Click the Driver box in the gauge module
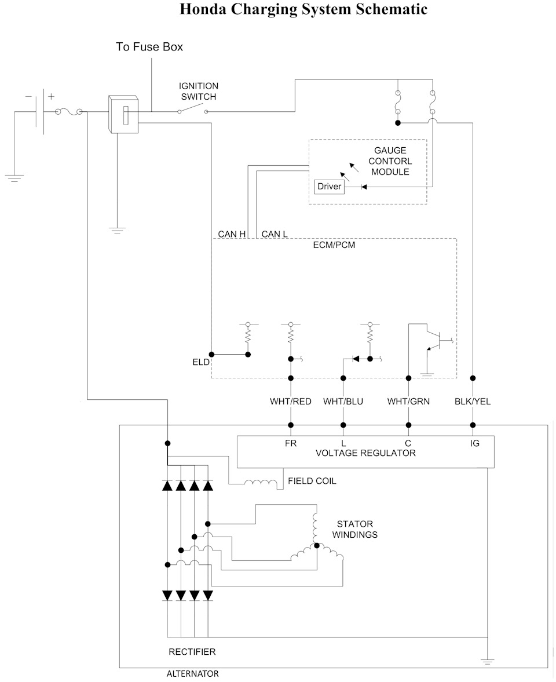pyautogui.click(x=329, y=187)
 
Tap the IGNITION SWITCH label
pyautogui.click(x=199, y=92)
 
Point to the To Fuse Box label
pyautogui.click(x=149, y=47)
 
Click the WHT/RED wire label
pyautogui.click(x=290, y=402)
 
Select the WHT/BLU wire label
pyautogui.click(x=343, y=402)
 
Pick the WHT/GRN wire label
pyautogui.click(x=408, y=402)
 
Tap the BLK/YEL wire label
pyautogui.click(x=473, y=402)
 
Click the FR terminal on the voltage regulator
pyautogui.click(x=291, y=443)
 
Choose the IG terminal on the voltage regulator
pyautogui.click(x=475, y=443)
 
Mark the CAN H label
pyautogui.click(x=232, y=234)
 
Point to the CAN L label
pyautogui.click(x=275, y=234)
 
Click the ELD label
pyautogui.click(x=201, y=362)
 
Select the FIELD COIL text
pyautogui.click(x=312, y=481)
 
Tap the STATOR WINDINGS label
pyautogui.click(x=354, y=530)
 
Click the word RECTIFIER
pyautogui.click(x=192, y=651)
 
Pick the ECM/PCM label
pyautogui.click(x=334, y=245)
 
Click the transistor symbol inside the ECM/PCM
pyautogui.click(x=437, y=340)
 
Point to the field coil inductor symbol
pyautogui.click(x=261, y=483)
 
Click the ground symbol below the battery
pyautogui.click(x=14, y=178)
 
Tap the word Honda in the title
pyautogui.click(x=203, y=9)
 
